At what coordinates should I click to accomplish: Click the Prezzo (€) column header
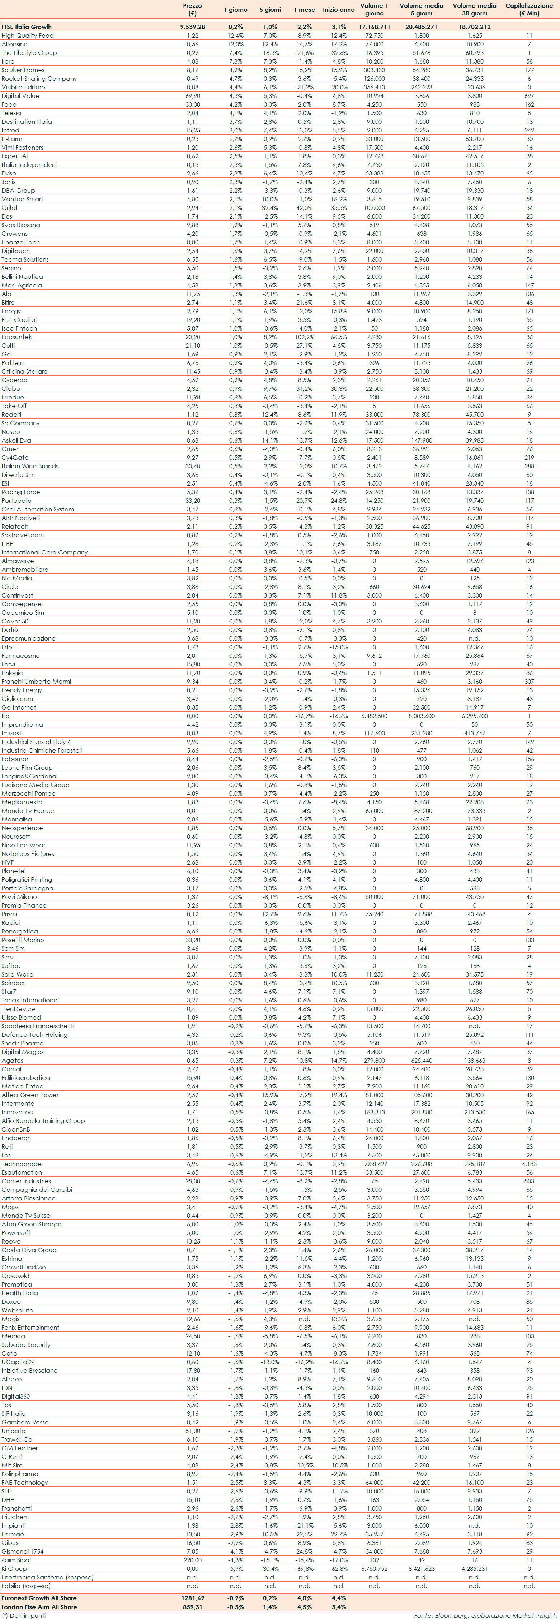coord(192,9)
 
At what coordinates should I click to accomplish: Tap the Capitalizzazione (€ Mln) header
coord(529,9)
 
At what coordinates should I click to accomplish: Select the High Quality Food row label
coord(28,36)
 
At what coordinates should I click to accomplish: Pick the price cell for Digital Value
coord(192,96)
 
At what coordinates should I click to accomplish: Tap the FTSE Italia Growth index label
coord(27,27)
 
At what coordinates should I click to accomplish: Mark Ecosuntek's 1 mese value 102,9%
coord(304,337)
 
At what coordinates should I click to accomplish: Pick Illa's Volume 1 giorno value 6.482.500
coord(374,716)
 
